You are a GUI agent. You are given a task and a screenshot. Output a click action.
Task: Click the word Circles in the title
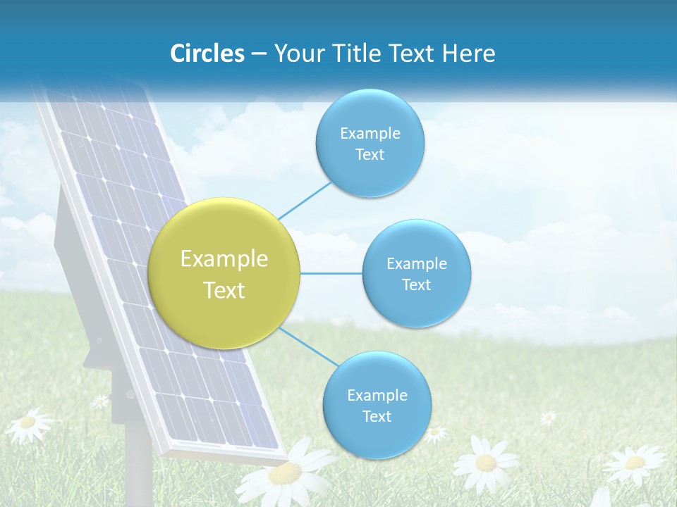207,54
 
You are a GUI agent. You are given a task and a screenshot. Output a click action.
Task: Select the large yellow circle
224,273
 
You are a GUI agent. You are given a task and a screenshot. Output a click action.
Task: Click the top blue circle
370,143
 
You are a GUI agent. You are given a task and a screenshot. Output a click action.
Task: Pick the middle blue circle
416,273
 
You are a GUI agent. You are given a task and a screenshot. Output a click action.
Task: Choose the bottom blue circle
377,405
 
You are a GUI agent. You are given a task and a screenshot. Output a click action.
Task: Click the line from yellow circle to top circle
305,200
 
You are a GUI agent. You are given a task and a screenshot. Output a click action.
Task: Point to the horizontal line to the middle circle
331,273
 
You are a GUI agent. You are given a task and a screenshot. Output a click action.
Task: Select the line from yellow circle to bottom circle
307,346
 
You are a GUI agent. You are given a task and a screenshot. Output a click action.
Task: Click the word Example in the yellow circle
224,258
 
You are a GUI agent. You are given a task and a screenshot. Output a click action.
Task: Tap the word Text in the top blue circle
370,155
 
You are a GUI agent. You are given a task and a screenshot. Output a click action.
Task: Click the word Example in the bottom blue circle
377,395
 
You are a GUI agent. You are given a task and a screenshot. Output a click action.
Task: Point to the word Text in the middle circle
416,285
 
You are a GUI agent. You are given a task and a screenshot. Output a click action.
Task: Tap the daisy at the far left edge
28,423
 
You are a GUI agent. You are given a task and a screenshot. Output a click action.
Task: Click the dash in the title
259,54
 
